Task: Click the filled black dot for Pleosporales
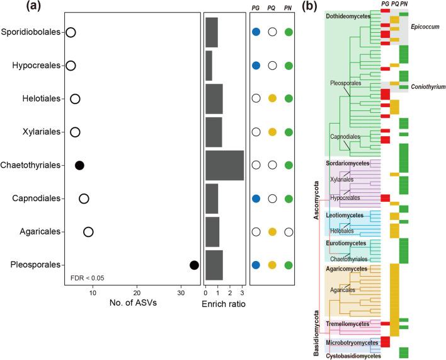pos(194,265)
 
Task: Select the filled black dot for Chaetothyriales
pos(79,165)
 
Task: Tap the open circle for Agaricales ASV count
pos(88,232)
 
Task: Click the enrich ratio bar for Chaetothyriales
pos(224,165)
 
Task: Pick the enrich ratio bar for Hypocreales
pos(209,65)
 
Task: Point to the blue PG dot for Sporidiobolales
pos(256,32)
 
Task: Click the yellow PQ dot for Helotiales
pos(272,98)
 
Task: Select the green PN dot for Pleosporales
pos(289,265)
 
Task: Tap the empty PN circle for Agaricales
pos(289,232)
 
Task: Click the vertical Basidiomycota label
pos(317,333)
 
